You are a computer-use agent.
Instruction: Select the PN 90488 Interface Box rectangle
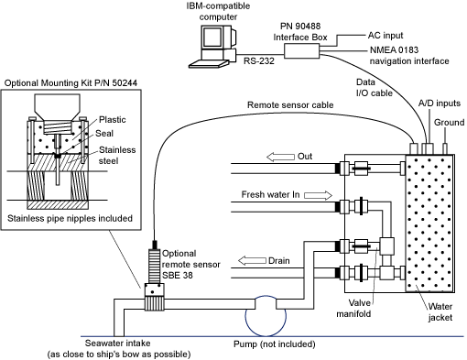302,50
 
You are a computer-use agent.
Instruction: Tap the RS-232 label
259,60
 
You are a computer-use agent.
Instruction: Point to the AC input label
386,36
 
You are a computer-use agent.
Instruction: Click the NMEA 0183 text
394,49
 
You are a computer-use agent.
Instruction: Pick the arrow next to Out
280,157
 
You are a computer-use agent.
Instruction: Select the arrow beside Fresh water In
318,195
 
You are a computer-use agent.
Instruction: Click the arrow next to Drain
252,261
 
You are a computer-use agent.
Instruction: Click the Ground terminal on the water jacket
445,148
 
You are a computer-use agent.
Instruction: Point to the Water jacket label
440,311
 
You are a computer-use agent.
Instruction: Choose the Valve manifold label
353,308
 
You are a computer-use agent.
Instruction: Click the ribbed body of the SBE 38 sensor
155,266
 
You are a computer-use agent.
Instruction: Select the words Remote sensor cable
290,105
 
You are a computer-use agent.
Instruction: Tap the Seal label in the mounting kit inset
104,134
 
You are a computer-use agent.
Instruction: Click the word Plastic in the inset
113,120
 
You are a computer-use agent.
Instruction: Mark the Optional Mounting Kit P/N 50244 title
71,83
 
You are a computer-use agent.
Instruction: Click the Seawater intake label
117,344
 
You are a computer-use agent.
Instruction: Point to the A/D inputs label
440,104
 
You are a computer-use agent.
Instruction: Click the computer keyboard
209,63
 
